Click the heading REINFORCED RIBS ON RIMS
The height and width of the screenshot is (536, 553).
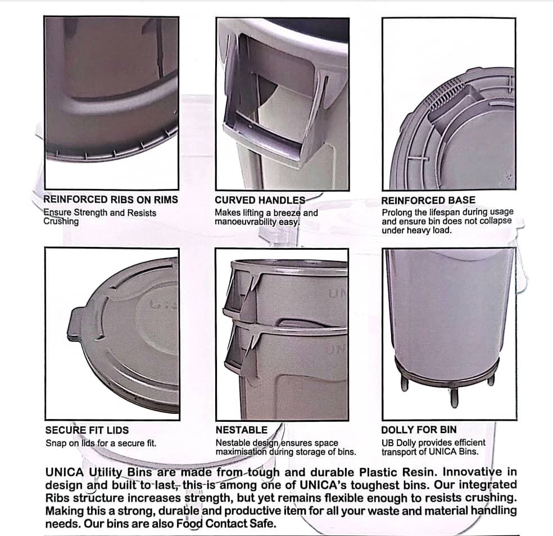(111, 200)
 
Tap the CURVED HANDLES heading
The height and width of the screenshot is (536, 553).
(260, 200)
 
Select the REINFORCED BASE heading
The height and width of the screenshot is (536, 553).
(428, 200)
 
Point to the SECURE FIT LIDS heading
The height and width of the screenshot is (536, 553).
(87, 430)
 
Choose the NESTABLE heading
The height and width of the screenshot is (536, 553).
(242, 430)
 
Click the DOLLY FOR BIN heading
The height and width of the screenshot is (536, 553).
(419, 430)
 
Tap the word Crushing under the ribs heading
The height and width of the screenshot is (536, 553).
(61, 222)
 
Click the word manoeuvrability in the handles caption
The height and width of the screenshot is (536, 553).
(246, 222)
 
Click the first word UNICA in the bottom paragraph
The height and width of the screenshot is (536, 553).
(65, 472)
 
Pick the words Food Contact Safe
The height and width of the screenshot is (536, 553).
(226, 523)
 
